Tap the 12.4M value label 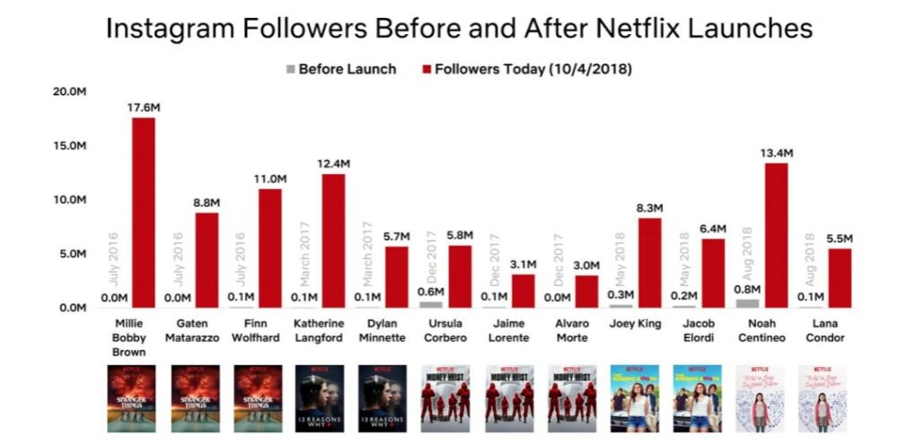point(333,164)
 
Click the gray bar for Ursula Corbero point(431,305)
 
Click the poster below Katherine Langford point(321,397)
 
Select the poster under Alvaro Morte point(572,397)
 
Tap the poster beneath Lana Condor point(823,397)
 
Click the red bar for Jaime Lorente point(524,292)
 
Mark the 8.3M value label point(649,209)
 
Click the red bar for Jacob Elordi point(713,274)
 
